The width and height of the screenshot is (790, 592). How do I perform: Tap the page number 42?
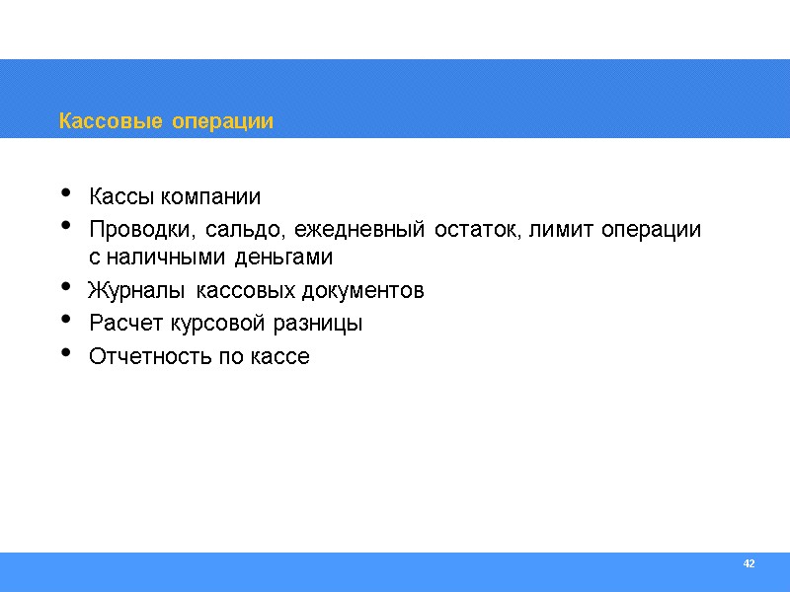749,563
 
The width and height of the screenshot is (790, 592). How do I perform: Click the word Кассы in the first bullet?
118,196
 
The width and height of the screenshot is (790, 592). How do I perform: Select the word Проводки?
143,230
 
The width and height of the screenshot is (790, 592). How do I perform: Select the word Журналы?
138,291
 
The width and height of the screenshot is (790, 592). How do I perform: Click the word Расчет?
123,323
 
